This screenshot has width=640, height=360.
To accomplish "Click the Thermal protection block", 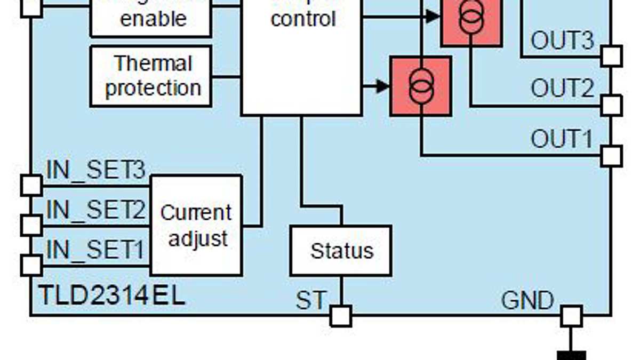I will (x=151, y=76).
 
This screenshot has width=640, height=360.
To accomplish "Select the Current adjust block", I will (x=196, y=225).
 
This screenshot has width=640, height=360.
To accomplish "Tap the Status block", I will (x=341, y=250).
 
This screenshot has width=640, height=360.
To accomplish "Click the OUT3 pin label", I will (x=562, y=40).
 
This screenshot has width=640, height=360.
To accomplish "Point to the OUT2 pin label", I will (x=562, y=88).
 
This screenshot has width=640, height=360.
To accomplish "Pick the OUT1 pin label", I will (x=562, y=139).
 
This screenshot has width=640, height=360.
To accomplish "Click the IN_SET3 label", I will (x=96, y=171).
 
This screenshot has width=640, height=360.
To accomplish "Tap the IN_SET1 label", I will (x=96, y=250).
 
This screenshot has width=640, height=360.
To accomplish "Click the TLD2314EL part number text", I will (x=112, y=295).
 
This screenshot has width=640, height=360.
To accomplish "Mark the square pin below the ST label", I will (x=341, y=316).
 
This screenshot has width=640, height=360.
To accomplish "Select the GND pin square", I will (x=571, y=316).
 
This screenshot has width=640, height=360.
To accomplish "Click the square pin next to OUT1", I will (x=611, y=156).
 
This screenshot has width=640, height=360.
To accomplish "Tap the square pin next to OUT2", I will (x=611, y=106).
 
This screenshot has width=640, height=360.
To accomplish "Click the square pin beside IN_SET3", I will (x=31, y=185).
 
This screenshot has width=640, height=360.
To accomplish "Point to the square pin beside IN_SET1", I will (x=31, y=265).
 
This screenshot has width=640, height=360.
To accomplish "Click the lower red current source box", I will (x=421, y=86).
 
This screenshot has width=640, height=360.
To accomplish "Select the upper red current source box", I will (x=471, y=21).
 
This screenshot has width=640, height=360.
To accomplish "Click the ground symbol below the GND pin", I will (x=571, y=355).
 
